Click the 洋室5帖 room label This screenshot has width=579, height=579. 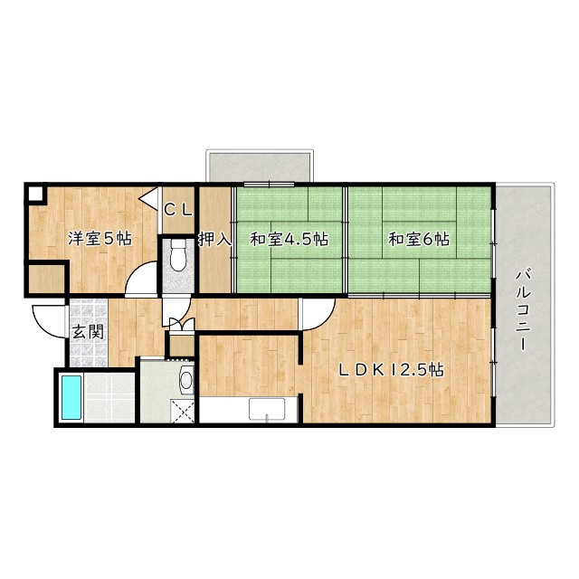point(100,239)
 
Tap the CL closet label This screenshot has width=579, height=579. point(178,210)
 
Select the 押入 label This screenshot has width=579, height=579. point(215,239)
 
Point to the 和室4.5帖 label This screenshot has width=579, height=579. point(289,239)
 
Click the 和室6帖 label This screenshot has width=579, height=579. point(419,239)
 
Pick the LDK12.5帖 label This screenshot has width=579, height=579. point(392,370)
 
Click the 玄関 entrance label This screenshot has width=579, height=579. point(87,332)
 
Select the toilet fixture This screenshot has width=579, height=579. point(178,255)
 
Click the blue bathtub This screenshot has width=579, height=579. point(71,397)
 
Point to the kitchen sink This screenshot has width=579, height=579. point(267,409)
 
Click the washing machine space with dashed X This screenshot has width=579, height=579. point(182,411)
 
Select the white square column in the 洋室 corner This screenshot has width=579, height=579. point(35,194)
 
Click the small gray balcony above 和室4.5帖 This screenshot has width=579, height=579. point(260,166)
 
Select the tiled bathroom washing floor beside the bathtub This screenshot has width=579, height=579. point(109,397)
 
